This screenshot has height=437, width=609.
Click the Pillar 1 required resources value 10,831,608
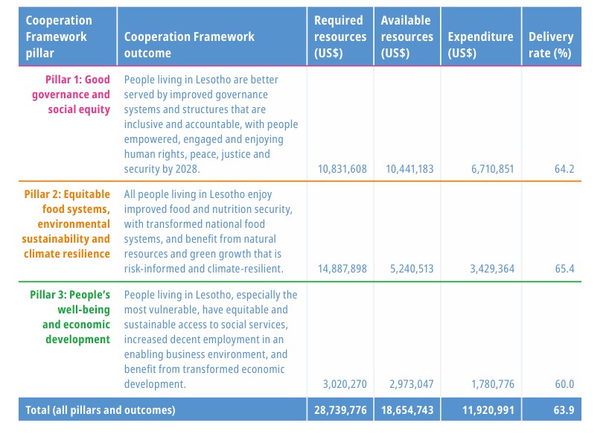pyautogui.click(x=342, y=169)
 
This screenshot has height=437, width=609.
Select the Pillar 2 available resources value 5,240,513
pyautogui.click(x=412, y=269)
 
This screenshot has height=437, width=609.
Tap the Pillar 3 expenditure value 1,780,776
pyautogui.click(x=493, y=384)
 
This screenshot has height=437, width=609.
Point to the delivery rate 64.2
pyautogui.click(x=564, y=169)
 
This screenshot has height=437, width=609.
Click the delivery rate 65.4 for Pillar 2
pyautogui.click(x=564, y=269)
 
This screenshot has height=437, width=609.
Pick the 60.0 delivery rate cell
pyautogui.click(x=564, y=384)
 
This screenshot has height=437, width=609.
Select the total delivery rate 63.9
pyautogui.click(x=564, y=410)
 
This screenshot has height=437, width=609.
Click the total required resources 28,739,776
pyautogui.click(x=340, y=410)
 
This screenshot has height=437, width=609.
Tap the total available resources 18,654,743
pyautogui.click(x=407, y=410)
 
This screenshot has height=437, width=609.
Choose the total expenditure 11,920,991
pyautogui.click(x=488, y=410)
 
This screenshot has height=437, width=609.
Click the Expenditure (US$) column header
pyautogui.click(x=480, y=45)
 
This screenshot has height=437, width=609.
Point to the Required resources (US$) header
pyautogui.click(x=340, y=36)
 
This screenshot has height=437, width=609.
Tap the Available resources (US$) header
pyautogui.click(x=407, y=36)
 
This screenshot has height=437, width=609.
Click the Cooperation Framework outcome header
pyautogui.click(x=189, y=45)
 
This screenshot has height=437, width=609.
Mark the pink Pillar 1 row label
pyautogui.click(x=71, y=95)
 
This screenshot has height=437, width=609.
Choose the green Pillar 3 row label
pyautogui.click(x=70, y=317)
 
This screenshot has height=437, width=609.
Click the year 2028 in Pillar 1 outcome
pyautogui.click(x=186, y=169)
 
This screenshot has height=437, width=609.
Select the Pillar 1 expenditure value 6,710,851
pyautogui.click(x=493, y=169)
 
